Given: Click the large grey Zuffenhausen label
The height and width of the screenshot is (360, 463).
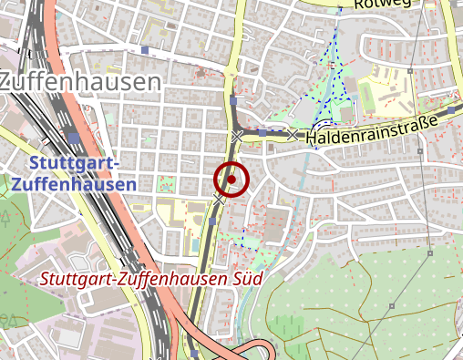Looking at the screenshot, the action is tap(79, 82).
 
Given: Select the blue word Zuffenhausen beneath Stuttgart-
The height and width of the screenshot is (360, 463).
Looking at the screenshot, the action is tap(75, 183).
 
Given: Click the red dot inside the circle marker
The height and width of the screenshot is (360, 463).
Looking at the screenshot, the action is tap(231, 180).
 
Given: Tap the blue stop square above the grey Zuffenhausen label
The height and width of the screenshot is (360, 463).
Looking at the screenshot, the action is tap(145, 50).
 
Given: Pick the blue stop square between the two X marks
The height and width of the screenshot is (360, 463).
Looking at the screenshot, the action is tap(262, 133).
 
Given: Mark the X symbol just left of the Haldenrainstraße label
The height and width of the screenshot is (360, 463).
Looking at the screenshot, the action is tap(293, 135).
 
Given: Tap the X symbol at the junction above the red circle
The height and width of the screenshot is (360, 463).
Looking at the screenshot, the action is tap(237, 136).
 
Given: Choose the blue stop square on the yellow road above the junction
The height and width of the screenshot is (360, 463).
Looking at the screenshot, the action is tap(233, 102).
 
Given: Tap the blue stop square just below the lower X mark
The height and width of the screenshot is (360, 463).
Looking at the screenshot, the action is tap(213, 220).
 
